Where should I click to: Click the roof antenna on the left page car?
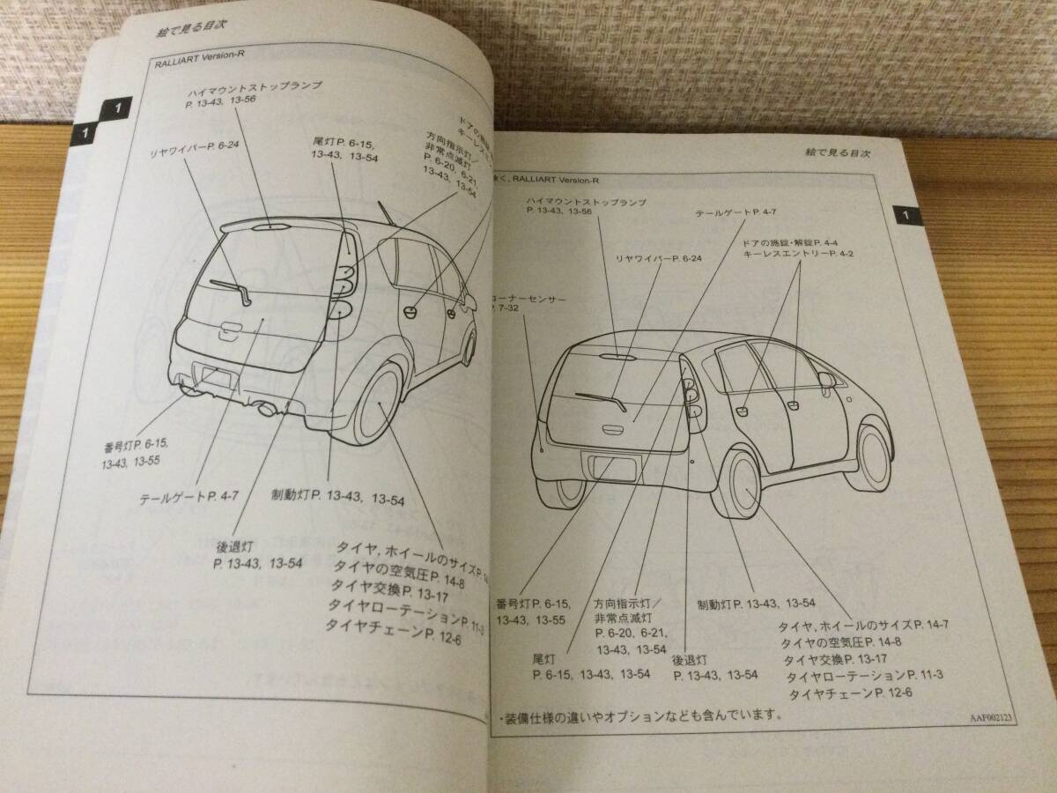pos(386,214)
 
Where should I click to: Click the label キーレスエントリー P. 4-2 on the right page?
pos(787,254)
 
